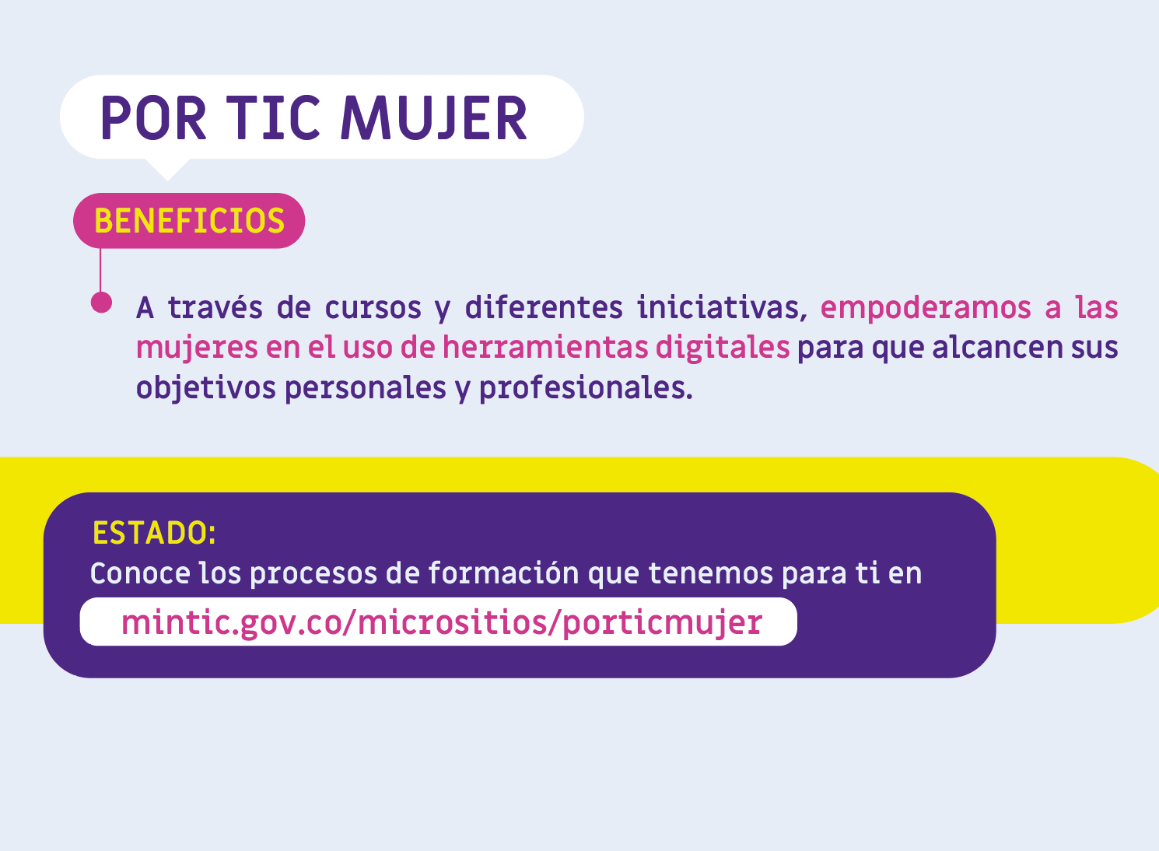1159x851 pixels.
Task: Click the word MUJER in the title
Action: coord(433,118)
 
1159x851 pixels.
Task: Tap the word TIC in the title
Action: coord(273,118)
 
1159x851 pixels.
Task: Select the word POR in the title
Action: coord(154,118)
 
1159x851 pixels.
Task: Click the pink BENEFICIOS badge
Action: coord(189,221)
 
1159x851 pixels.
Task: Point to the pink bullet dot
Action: coord(101,303)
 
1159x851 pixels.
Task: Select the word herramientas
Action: coord(544,347)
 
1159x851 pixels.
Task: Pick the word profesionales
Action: coord(586,388)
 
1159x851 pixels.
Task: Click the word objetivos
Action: coord(205,388)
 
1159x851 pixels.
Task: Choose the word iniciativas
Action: coord(722,308)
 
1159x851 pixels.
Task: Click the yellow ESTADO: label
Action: coord(154,533)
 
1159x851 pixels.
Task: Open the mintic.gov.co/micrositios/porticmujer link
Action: coord(441,622)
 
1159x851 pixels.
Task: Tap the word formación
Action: coord(503,573)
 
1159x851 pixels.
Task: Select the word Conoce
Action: coord(140,574)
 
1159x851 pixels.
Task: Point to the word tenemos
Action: coord(710,574)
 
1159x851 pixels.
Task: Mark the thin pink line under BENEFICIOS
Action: coord(100,271)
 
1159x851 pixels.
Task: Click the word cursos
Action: coord(373,309)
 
